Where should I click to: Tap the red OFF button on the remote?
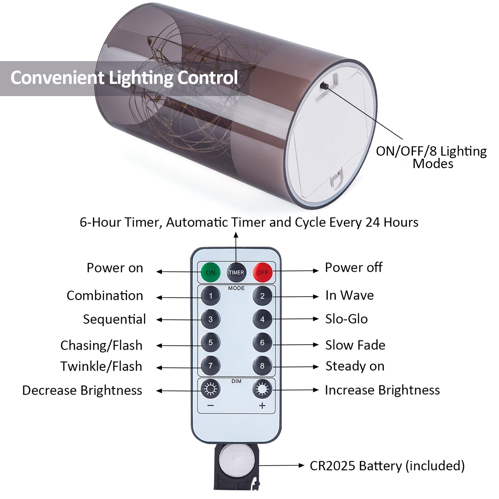point(262,272)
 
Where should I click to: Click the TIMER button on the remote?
point(236,272)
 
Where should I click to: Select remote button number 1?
point(211,296)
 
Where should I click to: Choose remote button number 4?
point(262,319)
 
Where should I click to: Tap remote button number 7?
point(211,366)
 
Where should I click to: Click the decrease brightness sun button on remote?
point(211,389)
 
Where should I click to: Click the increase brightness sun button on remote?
point(262,389)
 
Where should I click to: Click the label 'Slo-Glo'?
point(346,319)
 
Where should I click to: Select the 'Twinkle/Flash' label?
point(101,366)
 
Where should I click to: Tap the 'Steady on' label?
point(355,366)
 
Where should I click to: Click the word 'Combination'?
point(105,296)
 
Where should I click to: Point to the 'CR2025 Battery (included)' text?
point(387,466)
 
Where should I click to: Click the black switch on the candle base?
point(324,86)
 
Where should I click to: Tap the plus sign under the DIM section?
point(262,406)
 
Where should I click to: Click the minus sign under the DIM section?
point(211,406)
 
